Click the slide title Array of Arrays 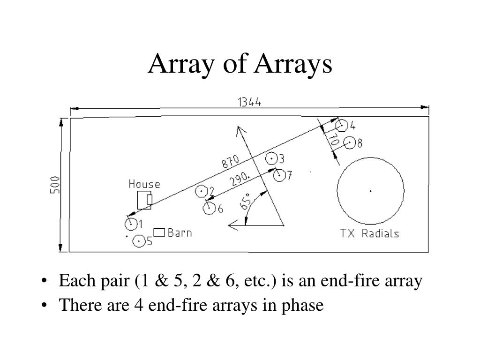click(240, 64)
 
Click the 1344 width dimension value click(249, 102)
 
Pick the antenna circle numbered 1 click(131, 224)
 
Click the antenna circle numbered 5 click(139, 241)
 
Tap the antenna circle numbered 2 click(202, 191)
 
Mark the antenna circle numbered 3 click(271, 158)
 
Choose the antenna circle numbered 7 click(279, 175)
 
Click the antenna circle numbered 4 click(341, 126)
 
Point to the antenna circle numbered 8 click(349, 143)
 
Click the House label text click(144, 184)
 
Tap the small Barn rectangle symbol click(159, 232)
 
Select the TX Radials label click(369, 233)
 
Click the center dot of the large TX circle click(370, 191)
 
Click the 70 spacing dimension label click(333, 140)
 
